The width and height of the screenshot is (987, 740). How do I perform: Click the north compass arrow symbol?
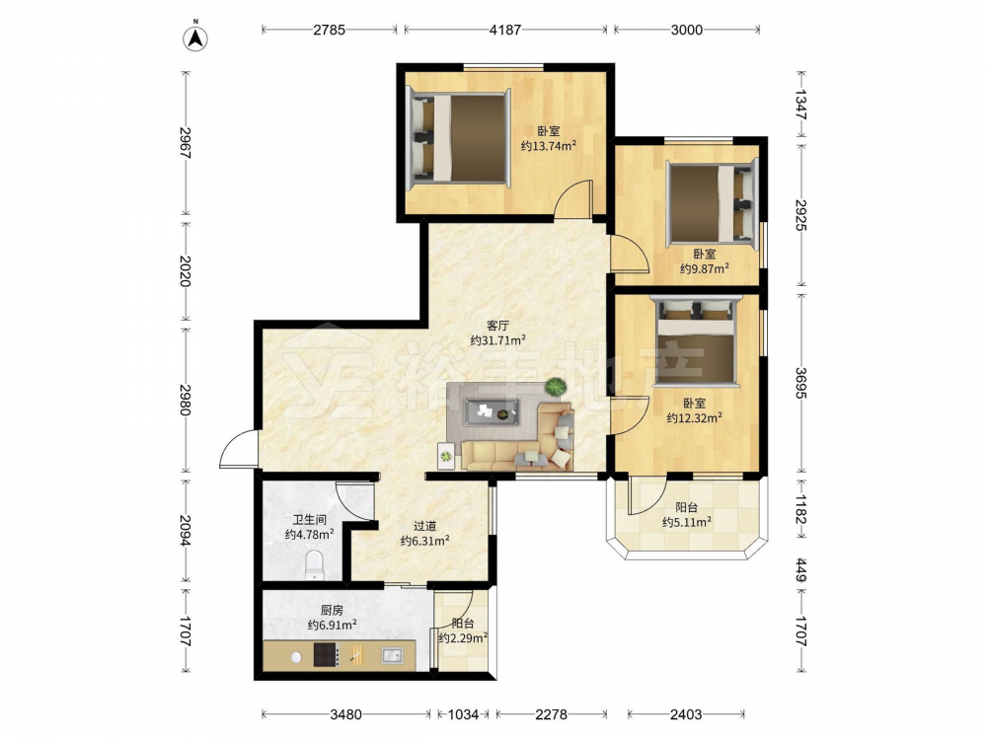coord(195,37)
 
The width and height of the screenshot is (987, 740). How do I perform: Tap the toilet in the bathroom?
coord(314,565)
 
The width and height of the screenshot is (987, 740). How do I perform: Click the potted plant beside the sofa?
coord(555,387)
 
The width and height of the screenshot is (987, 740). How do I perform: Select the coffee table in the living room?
coord(491,412)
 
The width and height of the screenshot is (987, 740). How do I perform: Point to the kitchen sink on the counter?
coord(392,656)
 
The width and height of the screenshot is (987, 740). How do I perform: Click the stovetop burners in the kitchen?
coord(327,655)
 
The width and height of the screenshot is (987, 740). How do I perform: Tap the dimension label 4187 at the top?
coord(504,30)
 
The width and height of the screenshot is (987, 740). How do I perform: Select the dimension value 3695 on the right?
coord(800,383)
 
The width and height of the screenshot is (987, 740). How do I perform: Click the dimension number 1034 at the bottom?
coord(463,714)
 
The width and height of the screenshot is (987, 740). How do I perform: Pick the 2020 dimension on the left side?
coord(185,271)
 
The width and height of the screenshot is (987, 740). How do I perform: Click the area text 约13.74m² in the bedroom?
coord(548,146)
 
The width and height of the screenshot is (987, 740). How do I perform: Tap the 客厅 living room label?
coord(497,326)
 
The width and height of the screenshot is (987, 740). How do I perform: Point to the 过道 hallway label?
coord(424,526)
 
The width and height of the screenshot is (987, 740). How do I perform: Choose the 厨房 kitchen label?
coord(332,610)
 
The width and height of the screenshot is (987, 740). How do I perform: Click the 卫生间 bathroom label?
coord(309,520)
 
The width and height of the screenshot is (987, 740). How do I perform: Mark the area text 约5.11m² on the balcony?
coord(687,522)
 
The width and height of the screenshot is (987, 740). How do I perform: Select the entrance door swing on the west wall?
coord(238,449)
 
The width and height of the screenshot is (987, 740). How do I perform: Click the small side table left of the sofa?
coord(446,456)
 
